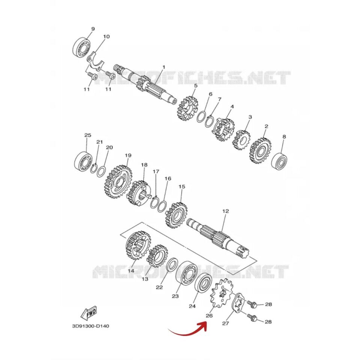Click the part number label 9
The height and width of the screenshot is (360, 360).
(x=93, y=29)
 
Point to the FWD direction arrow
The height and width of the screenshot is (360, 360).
(x=88, y=312)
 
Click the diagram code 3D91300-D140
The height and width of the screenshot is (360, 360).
(x=90, y=326)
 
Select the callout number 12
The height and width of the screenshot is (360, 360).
(x=225, y=211)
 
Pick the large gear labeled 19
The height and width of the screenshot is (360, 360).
(x=118, y=181)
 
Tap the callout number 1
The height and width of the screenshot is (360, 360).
(x=164, y=67)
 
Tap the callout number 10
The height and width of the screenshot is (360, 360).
(x=106, y=36)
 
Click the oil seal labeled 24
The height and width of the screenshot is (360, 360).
(x=203, y=285)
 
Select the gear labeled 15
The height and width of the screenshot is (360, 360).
(x=176, y=215)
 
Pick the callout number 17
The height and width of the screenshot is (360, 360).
(x=156, y=171)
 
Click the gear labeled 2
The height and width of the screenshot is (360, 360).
(x=260, y=150)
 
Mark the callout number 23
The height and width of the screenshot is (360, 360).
(x=175, y=296)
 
